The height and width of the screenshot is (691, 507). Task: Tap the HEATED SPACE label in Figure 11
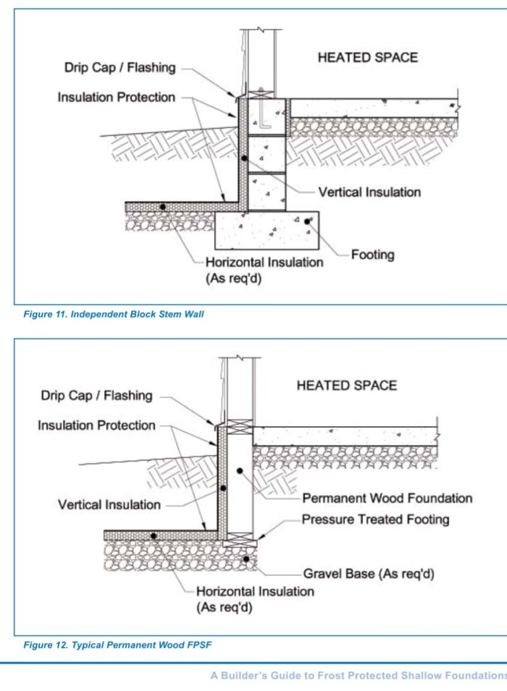367,57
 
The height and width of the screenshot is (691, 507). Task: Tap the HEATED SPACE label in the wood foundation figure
346,386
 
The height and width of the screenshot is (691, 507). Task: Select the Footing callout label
372,255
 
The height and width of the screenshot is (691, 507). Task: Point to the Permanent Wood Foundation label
387,499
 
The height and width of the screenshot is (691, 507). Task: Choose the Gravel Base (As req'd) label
369,574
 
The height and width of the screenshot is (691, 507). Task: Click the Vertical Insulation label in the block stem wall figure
369,192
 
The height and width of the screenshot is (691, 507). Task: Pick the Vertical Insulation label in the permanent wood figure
109,504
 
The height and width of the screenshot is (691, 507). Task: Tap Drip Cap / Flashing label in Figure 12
96,396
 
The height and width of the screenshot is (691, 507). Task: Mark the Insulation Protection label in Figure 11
117,97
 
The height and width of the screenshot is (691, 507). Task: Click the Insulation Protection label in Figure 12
96,425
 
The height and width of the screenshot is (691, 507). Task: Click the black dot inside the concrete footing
307,221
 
